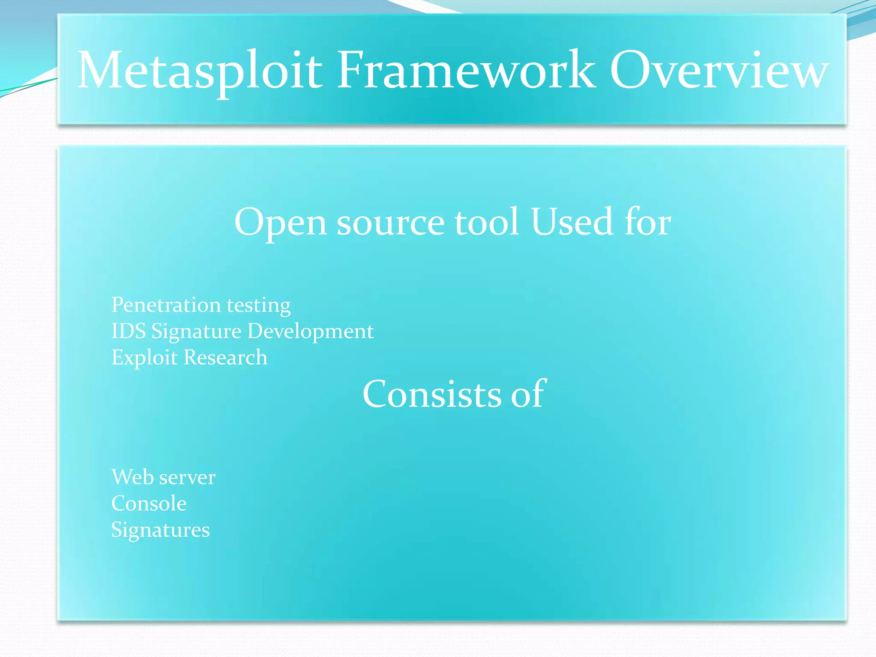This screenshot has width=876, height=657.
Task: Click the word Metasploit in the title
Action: pyautogui.click(x=200, y=71)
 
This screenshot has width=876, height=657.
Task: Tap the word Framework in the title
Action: pyautogui.click(x=466, y=71)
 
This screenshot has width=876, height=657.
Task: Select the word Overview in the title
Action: pyautogui.click(x=719, y=71)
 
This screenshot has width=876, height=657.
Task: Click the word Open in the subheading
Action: pyautogui.click(x=281, y=222)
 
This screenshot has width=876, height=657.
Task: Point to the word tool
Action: pyautogui.click(x=487, y=222)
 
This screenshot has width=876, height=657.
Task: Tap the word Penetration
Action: pyautogui.click(x=166, y=305)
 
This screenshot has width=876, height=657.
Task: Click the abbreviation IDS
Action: pyautogui.click(x=128, y=331)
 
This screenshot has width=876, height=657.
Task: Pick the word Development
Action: pyautogui.click(x=311, y=332)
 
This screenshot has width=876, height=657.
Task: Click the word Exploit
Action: pyautogui.click(x=144, y=358)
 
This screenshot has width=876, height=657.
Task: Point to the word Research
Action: pyautogui.click(x=225, y=358)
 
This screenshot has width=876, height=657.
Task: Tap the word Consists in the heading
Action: pyautogui.click(x=432, y=394)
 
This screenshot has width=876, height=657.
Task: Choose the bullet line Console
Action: pyautogui.click(x=149, y=503)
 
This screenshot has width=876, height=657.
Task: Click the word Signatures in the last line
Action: pyautogui.click(x=160, y=530)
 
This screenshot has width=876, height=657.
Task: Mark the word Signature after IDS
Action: pyautogui.click(x=196, y=332)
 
